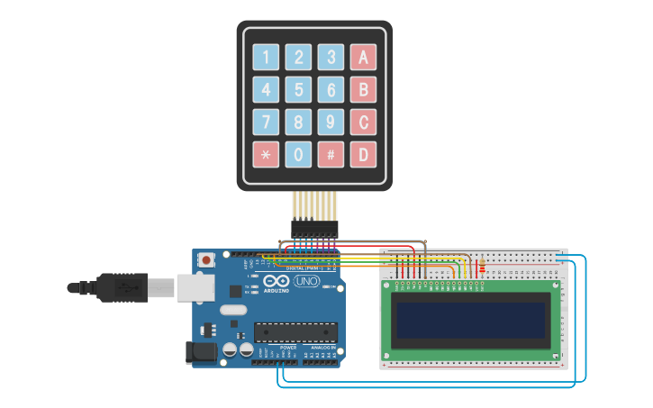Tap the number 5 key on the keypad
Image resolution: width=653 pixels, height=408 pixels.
(298, 89)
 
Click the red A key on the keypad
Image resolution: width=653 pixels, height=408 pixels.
(363, 57)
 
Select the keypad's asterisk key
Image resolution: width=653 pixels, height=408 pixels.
(266, 154)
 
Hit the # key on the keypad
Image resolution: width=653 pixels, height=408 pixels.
(331, 154)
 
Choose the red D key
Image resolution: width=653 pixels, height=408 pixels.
(363, 154)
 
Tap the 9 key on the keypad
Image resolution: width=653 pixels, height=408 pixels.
(331, 122)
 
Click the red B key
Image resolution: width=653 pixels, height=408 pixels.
(363, 89)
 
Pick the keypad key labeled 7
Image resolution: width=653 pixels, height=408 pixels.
(266, 122)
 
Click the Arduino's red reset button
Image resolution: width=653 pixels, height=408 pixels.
(206, 260)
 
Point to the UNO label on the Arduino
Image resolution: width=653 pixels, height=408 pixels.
(308, 281)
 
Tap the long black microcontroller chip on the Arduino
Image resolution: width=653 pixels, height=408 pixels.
(295, 332)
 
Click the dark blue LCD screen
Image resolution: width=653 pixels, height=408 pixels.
(471, 319)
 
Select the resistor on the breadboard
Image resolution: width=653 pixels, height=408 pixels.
(482, 265)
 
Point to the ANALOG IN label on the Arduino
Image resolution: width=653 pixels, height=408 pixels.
(322, 348)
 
